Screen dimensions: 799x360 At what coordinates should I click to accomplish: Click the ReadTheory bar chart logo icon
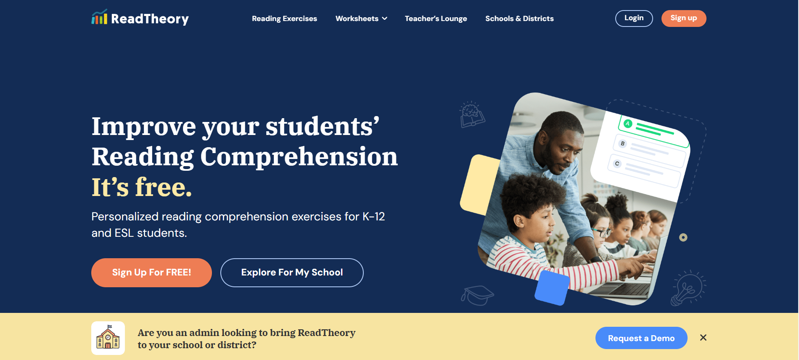pyautogui.click(x=99, y=17)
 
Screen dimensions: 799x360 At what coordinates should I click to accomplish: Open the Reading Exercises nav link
pyautogui.click(x=284, y=19)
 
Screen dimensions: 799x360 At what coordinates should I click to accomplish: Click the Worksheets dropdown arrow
pyautogui.click(x=384, y=19)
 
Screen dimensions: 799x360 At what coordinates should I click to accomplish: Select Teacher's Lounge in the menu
pyautogui.click(x=436, y=19)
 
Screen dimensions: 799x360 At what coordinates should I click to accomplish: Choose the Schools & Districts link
pyautogui.click(x=519, y=19)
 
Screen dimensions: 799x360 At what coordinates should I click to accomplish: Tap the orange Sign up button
pyautogui.click(x=684, y=19)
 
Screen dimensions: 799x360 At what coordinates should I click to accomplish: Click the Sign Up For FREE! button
pyautogui.click(x=151, y=273)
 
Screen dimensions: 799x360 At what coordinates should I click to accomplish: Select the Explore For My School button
pyautogui.click(x=292, y=273)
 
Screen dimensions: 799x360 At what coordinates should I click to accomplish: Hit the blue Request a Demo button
pyautogui.click(x=641, y=338)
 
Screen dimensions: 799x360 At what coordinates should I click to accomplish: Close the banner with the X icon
pyautogui.click(x=703, y=338)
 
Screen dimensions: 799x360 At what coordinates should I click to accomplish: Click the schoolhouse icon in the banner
pyautogui.click(x=108, y=338)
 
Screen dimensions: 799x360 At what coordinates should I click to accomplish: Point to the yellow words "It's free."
pyautogui.click(x=142, y=187)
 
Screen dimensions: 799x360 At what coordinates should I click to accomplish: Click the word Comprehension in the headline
pyautogui.click(x=299, y=157)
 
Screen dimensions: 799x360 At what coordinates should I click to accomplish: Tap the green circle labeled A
pyautogui.click(x=628, y=124)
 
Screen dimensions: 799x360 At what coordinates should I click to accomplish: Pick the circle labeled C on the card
pyautogui.click(x=617, y=164)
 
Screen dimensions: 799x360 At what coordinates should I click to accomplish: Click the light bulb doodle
pyautogui.click(x=688, y=288)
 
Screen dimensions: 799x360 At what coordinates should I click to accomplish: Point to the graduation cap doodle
pyautogui.click(x=477, y=295)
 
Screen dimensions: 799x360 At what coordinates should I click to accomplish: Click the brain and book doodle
pyautogui.click(x=472, y=114)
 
